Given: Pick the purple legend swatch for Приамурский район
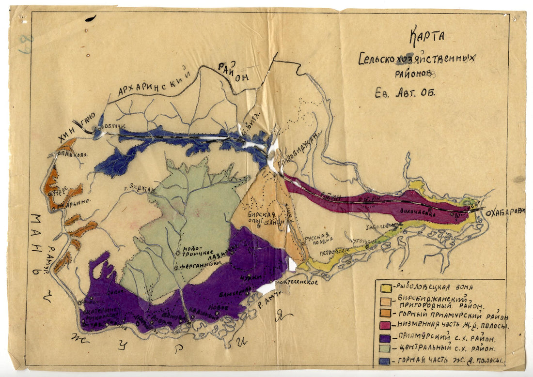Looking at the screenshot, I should (x=386, y=337).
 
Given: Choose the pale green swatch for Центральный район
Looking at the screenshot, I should (x=386, y=348).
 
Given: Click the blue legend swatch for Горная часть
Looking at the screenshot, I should (x=386, y=361).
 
